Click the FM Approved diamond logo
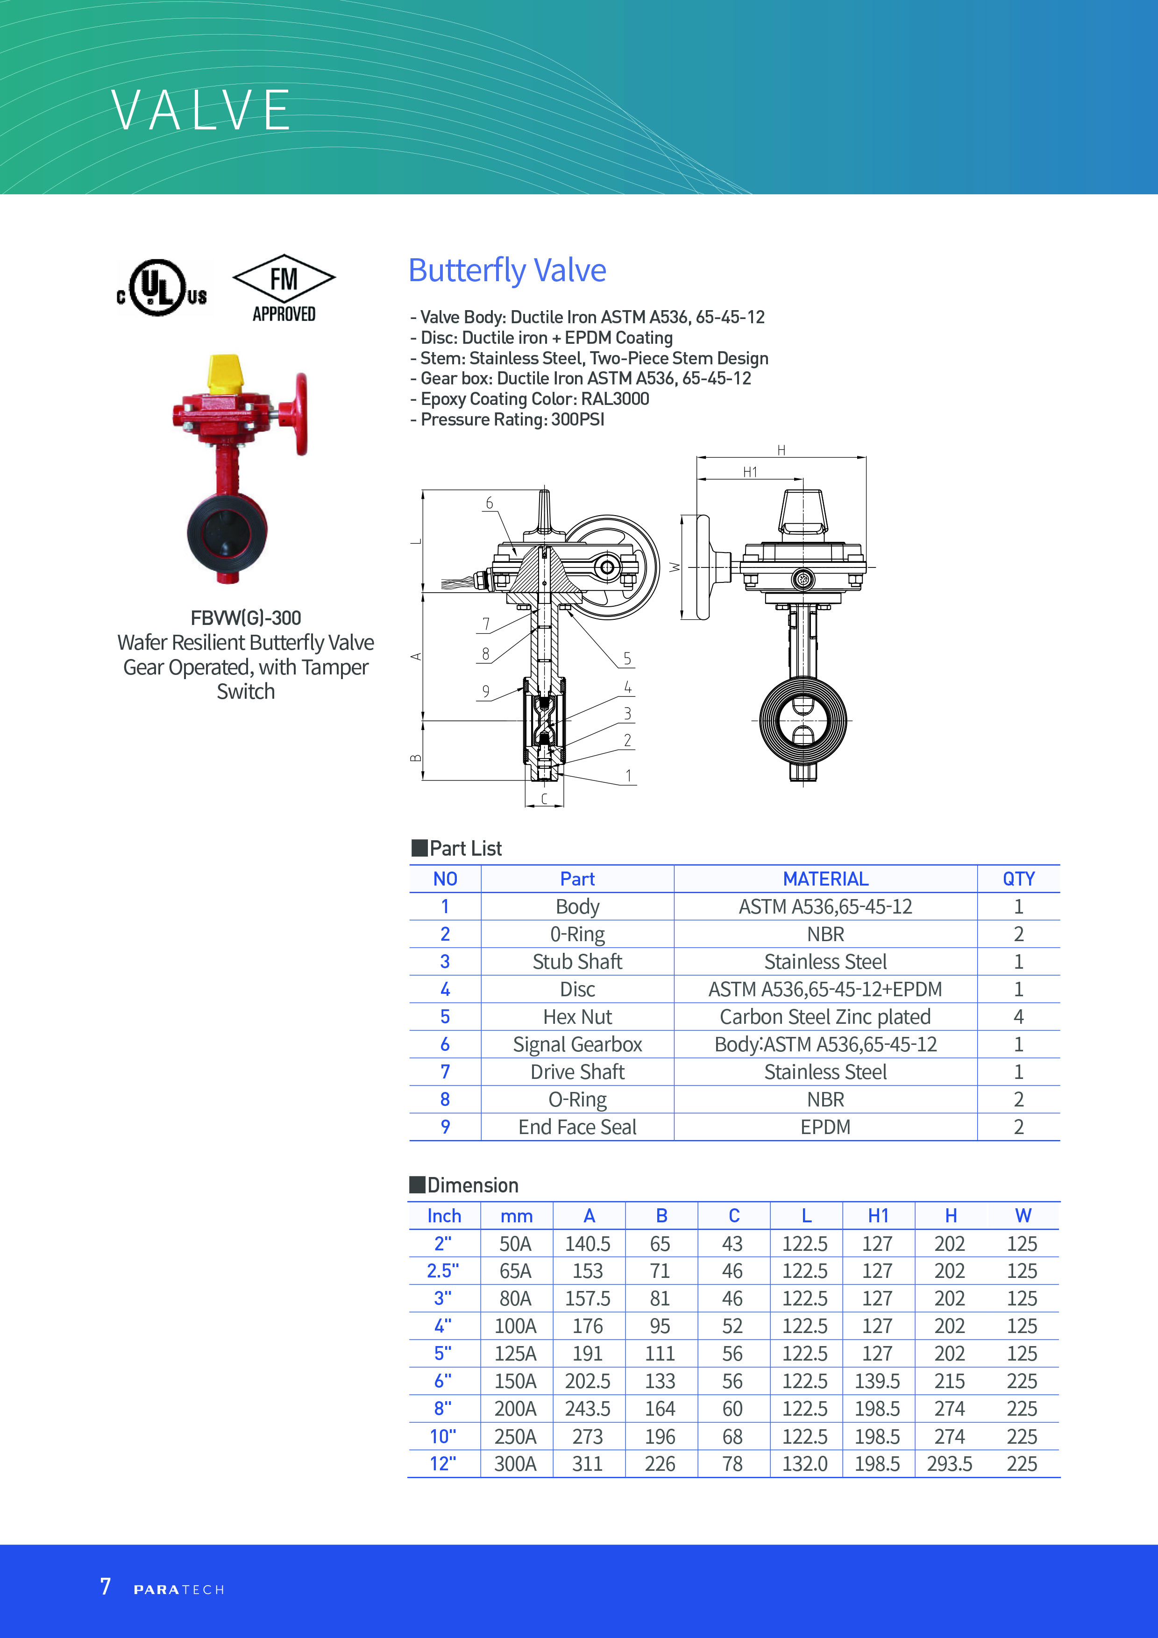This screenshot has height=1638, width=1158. point(284,288)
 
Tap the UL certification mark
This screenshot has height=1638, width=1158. point(162,288)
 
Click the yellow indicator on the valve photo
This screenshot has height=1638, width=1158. point(224,373)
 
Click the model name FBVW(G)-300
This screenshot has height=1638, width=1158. point(245,618)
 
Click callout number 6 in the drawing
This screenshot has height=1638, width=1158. point(490,503)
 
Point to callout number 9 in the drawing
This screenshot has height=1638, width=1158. point(486,691)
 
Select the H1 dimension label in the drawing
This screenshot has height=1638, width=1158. point(750,472)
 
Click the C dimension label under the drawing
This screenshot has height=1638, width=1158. point(544,799)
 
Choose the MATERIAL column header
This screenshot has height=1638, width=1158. point(825,879)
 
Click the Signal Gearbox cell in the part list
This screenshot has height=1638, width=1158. point(577,1044)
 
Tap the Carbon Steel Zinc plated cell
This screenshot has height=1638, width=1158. point(825,1017)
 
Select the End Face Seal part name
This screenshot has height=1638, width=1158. point(577,1127)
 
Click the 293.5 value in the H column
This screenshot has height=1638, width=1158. point(950,1464)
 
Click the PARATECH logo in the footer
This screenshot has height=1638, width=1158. point(179,1589)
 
